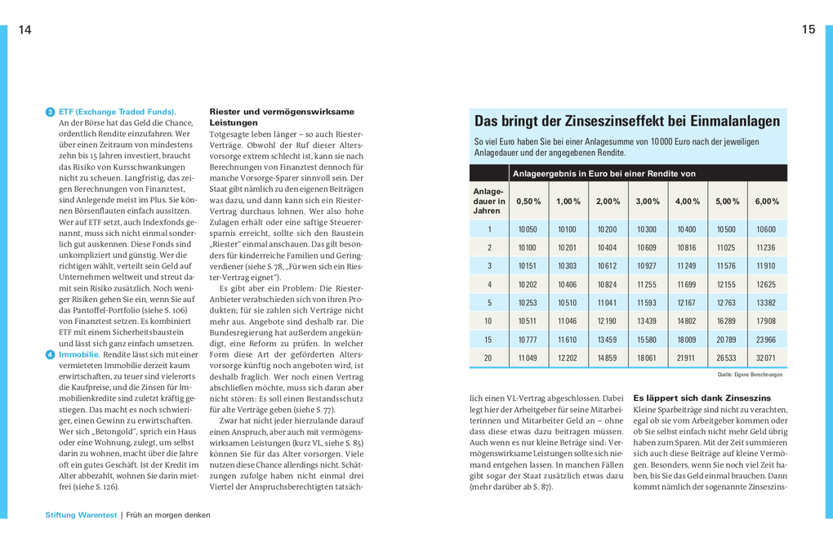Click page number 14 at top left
[x=24, y=30]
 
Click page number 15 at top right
[x=808, y=30]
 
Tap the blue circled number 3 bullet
[x=50, y=112]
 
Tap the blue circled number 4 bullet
[x=50, y=355]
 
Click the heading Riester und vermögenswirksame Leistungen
[x=282, y=117]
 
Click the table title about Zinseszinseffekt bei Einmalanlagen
[x=626, y=122]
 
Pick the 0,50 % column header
[x=528, y=201]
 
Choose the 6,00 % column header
[x=765, y=201]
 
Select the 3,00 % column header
[x=647, y=201]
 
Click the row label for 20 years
[x=489, y=358]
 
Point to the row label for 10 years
[x=489, y=321]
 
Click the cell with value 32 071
[x=765, y=358]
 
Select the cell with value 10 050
[x=528, y=229]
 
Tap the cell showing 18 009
[x=686, y=340]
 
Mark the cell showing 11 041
[x=607, y=303]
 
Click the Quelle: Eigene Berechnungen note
[x=750, y=375]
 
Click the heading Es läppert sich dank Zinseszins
[x=702, y=398]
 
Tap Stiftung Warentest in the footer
[x=82, y=515]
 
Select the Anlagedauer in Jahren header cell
[x=489, y=201]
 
